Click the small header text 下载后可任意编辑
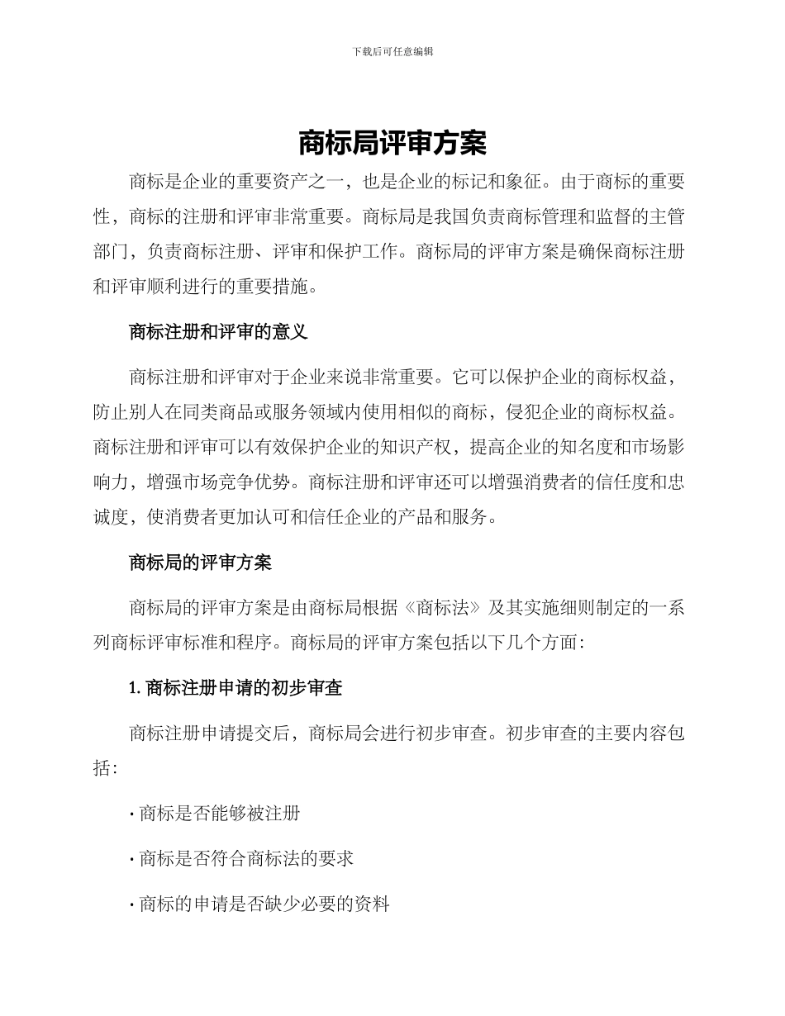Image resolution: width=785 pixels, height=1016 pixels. coord(392,51)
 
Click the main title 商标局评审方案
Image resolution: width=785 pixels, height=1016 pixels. coord(392,143)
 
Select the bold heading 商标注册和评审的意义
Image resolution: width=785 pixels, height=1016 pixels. coord(218,332)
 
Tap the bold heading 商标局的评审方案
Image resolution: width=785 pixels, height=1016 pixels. coord(200,563)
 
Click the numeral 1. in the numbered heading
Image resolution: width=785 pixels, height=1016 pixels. coord(136,687)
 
